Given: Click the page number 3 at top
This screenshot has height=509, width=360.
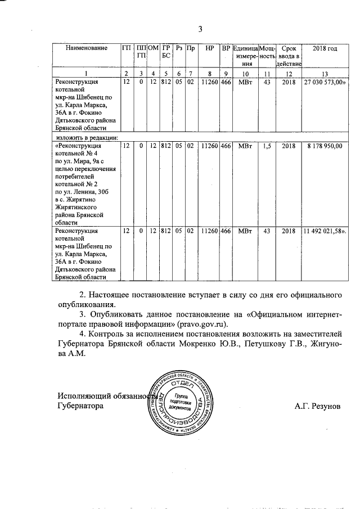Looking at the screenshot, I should (x=200, y=30).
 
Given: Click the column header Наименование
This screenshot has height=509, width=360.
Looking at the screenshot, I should (x=86, y=49).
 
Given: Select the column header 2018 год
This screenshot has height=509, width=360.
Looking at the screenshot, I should (x=325, y=49).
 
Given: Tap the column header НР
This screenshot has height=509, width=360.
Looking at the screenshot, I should (x=209, y=49).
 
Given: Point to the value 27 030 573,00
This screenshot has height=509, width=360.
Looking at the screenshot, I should (x=325, y=82).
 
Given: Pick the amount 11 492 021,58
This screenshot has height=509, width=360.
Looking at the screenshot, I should (x=325, y=231).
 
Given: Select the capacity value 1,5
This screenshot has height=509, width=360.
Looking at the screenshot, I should (x=267, y=146).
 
